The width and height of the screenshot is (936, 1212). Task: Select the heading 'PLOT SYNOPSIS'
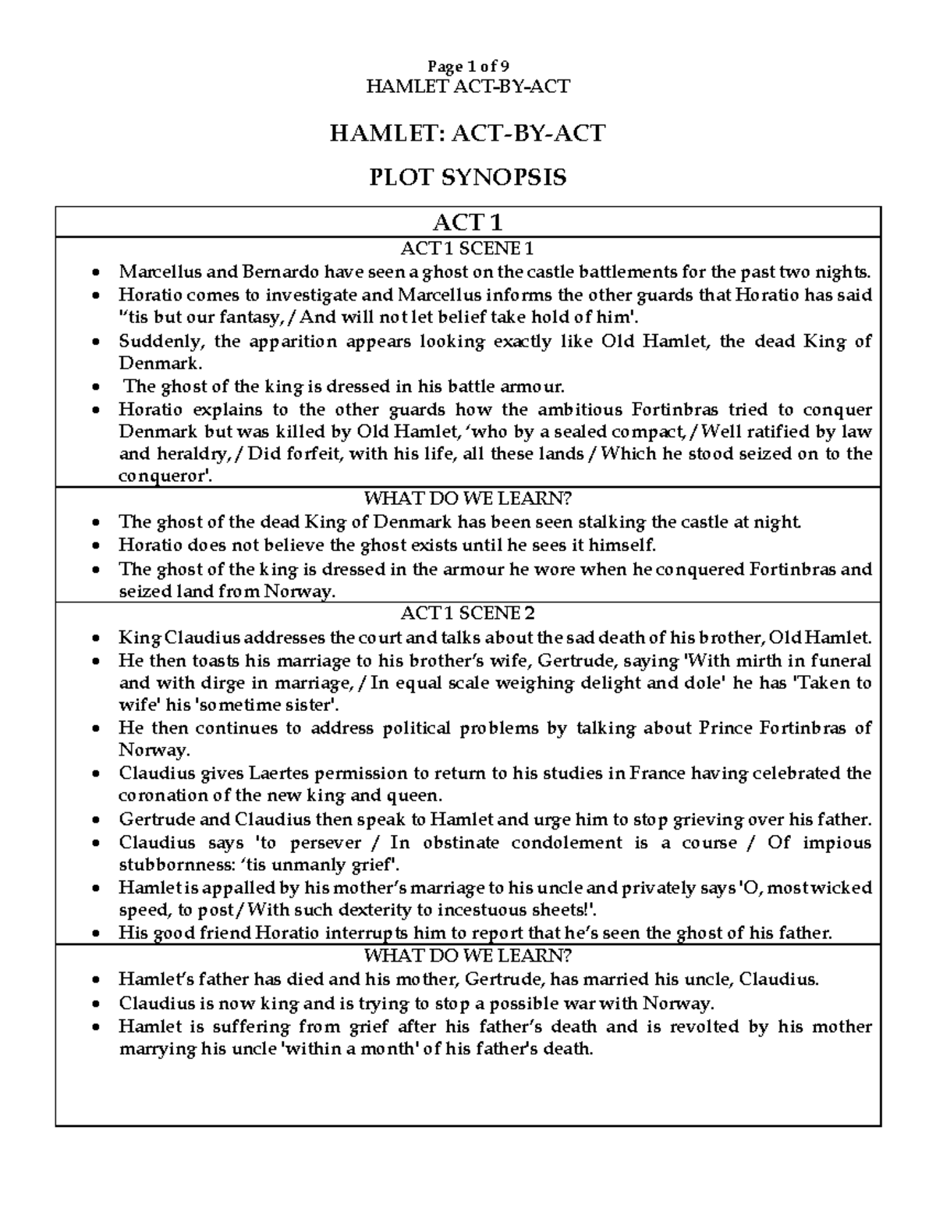coord(468,177)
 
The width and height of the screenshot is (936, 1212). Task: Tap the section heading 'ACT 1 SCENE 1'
coord(467,249)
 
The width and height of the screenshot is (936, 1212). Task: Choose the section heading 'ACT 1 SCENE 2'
coord(467,613)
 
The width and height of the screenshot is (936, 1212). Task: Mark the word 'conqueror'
coord(163,477)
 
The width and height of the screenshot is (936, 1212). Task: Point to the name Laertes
coord(277,773)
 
